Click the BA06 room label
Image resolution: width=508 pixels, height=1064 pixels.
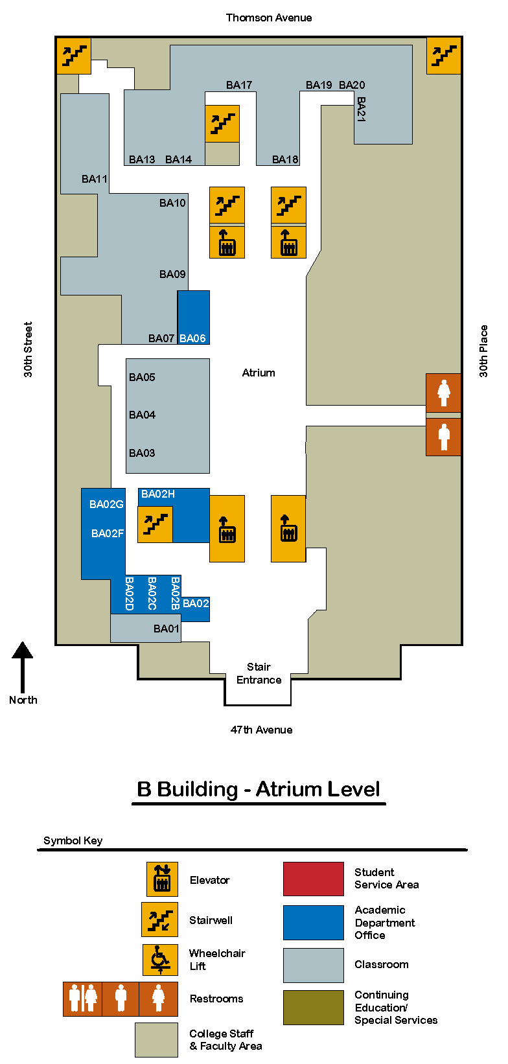(x=192, y=338)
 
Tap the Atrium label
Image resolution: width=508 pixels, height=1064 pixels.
(x=259, y=373)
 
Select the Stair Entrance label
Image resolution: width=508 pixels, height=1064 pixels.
(x=259, y=673)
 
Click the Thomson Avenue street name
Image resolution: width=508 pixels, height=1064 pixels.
(x=269, y=18)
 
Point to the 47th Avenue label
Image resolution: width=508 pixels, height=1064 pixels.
(x=262, y=730)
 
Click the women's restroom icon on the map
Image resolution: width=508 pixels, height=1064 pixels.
(x=443, y=393)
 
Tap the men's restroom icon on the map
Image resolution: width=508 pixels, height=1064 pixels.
(x=443, y=437)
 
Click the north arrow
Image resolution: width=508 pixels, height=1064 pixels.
(x=22, y=667)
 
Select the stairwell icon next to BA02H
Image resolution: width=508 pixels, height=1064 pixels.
(x=156, y=524)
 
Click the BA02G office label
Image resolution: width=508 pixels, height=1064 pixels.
(x=106, y=504)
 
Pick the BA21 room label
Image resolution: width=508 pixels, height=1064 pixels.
(x=361, y=110)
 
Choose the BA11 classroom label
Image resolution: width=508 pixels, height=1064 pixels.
(x=95, y=179)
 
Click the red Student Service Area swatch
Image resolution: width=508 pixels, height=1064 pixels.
(x=314, y=879)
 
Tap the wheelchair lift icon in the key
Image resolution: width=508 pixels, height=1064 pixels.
(x=161, y=960)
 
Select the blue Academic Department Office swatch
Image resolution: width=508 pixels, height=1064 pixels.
(x=314, y=923)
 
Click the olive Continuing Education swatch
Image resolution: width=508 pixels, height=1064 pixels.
(x=314, y=1007)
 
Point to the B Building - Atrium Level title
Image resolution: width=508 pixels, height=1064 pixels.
(x=259, y=789)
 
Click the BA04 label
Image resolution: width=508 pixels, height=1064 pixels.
(x=142, y=415)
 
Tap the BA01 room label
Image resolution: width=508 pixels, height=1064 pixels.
(x=166, y=629)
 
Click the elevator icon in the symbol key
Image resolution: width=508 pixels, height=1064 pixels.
(x=162, y=879)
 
